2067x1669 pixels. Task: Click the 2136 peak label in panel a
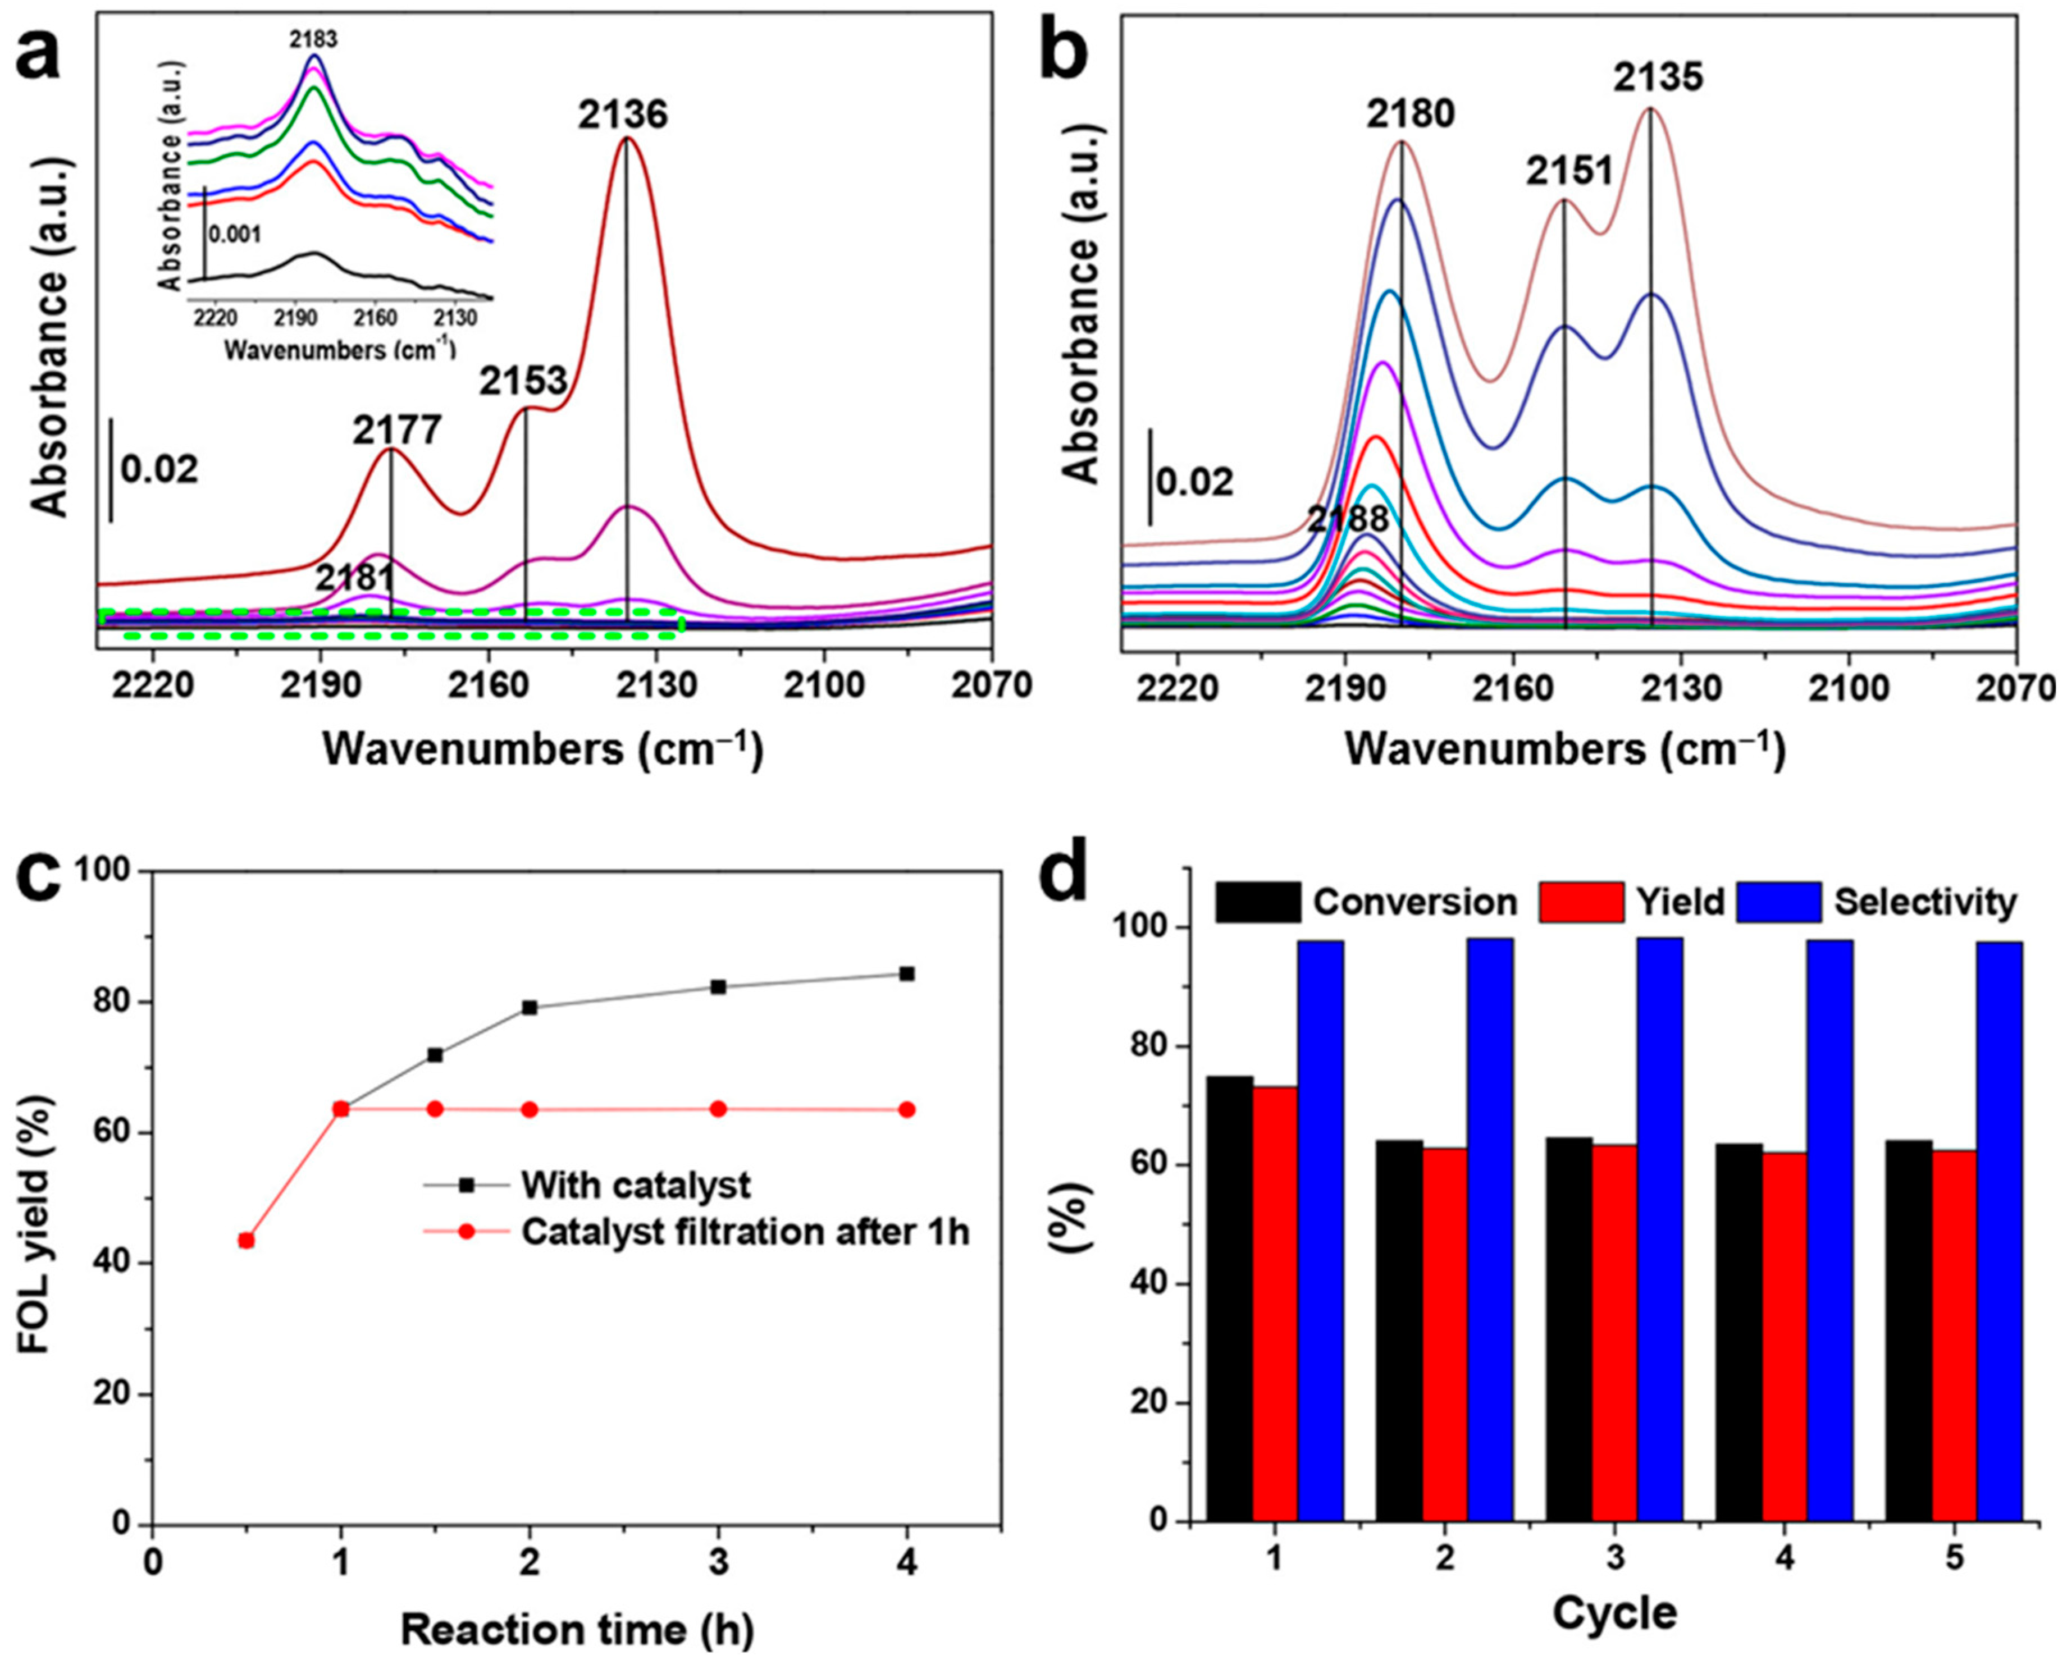pyautogui.click(x=622, y=116)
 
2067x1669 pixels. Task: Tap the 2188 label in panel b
pyautogui.click(x=1348, y=519)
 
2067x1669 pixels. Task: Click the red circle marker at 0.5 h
pyautogui.click(x=246, y=1240)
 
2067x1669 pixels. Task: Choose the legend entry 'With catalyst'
pyautogui.click(x=635, y=1185)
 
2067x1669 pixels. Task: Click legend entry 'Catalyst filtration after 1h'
pyautogui.click(x=745, y=1232)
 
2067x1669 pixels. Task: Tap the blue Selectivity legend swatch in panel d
pyautogui.click(x=1778, y=902)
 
